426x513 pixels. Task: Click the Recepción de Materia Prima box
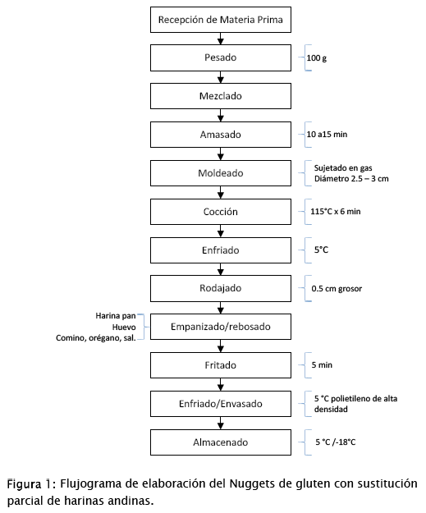click(221, 20)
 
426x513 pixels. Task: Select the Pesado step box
click(221, 57)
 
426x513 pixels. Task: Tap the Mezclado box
click(221, 96)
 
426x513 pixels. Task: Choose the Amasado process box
click(221, 135)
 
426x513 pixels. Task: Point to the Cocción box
click(221, 212)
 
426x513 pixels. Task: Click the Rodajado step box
click(221, 288)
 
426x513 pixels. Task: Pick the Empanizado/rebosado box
click(221, 327)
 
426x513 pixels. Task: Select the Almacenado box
click(221, 442)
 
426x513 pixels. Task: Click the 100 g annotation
click(316, 58)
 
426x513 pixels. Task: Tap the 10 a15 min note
click(327, 134)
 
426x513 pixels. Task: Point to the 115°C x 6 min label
click(336, 211)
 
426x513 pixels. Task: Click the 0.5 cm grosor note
click(337, 289)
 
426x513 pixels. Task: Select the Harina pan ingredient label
click(116, 316)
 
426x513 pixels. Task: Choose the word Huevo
click(124, 327)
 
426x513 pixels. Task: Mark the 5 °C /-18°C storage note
click(336, 442)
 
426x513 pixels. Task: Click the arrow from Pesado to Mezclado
click(221, 77)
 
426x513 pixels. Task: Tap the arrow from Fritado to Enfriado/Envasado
click(221, 385)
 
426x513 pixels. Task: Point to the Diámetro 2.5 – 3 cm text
click(351, 179)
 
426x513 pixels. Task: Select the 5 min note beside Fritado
click(322, 364)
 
